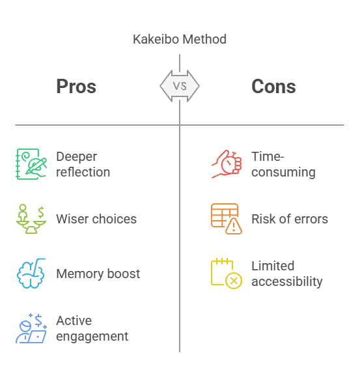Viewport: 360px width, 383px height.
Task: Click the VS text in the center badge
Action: coord(180,86)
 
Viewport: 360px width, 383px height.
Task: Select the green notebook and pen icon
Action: coord(31,163)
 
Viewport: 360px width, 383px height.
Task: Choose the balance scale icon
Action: coord(31,219)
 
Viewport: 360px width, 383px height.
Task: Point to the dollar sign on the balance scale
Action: coord(42,212)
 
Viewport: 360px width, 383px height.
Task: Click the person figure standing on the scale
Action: coord(23,212)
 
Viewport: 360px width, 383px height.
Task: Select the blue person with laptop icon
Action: coord(31,328)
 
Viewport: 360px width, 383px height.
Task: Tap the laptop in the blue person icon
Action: coord(37,337)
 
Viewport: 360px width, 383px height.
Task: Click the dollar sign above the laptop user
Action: coord(39,319)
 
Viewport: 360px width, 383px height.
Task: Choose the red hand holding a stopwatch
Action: coord(227,163)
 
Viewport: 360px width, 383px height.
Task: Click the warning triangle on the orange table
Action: coord(233,226)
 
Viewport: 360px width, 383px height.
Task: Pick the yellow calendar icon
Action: coord(226,273)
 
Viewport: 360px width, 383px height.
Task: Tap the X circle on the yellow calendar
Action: coord(234,281)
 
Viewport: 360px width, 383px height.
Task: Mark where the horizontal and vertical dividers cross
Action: coord(180,124)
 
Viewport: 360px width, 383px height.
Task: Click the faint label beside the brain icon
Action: coord(98,274)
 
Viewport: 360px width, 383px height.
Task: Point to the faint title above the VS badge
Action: coord(185,38)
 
